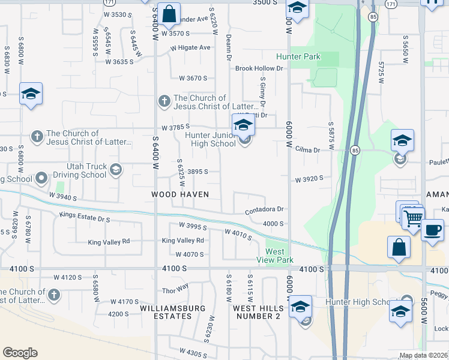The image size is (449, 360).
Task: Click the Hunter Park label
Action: click(x=298, y=57)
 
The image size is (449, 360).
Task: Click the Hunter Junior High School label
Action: click(x=210, y=139)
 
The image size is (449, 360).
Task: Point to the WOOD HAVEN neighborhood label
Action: click(x=180, y=194)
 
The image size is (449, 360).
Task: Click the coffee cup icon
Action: click(x=432, y=230)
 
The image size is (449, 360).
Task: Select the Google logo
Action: click(x=20, y=353)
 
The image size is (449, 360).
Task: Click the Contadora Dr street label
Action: click(x=264, y=211)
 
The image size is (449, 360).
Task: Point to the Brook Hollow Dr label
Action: click(x=259, y=69)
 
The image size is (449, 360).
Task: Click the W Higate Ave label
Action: click(x=190, y=47)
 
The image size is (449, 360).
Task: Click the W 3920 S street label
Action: click(x=309, y=179)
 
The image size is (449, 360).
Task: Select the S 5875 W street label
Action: click(x=331, y=131)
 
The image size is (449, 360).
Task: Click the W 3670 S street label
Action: click(x=193, y=78)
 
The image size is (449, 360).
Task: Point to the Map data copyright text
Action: click(x=424, y=355)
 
